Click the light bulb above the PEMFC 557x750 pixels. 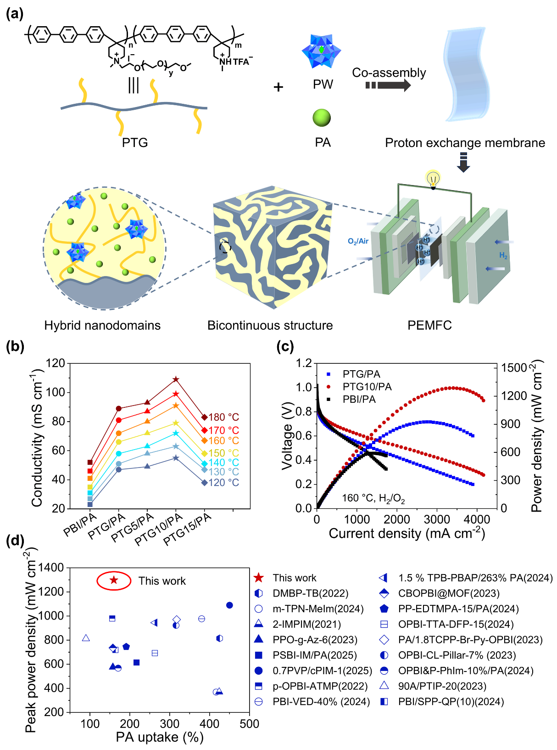pos(433,177)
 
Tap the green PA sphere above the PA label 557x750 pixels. pos(322,118)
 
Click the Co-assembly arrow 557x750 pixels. pos(388,85)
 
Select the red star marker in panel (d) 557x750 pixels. pos(114,580)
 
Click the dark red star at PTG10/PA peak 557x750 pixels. pos(176,379)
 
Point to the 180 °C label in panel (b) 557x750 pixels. pos(223,417)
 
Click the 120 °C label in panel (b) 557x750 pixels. pos(223,483)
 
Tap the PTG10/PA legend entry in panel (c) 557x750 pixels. pos(367,387)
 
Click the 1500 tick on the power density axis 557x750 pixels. pos(514,367)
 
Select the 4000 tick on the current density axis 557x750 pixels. pos(477,519)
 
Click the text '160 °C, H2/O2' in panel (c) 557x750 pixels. pos(373,498)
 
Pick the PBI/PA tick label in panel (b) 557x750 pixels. pos(80,524)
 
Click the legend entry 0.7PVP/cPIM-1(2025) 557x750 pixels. pos(322,671)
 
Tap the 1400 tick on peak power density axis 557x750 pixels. pos(51,568)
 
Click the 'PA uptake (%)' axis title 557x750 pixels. pos(160,737)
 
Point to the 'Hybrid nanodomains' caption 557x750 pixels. pos(102,325)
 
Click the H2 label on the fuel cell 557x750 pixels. pos(503,255)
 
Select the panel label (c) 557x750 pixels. pos(285,346)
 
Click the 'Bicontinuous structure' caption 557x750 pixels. pos(270,325)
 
